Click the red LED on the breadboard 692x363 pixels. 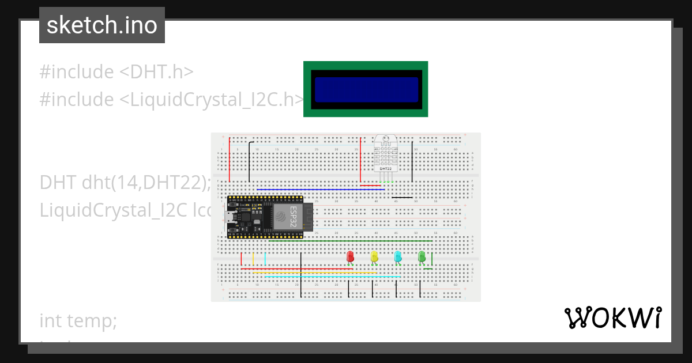click(x=350, y=256)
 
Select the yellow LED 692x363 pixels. click(x=374, y=256)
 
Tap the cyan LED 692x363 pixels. click(x=398, y=256)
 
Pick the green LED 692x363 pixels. click(x=422, y=256)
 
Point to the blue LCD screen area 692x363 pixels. click(x=366, y=89)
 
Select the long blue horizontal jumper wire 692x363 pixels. click(x=317, y=189)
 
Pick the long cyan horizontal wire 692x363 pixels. click(x=332, y=277)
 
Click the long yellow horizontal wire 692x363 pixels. click(x=311, y=273)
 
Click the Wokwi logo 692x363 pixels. click(x=612, y=317)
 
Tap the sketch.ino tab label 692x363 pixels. click(x=102, y=25)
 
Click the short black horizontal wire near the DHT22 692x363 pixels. click(x=403, y=198)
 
